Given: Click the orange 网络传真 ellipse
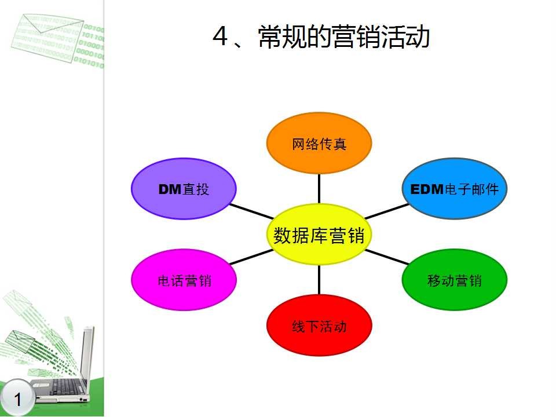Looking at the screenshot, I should pyautogui.click(x=319, y=144).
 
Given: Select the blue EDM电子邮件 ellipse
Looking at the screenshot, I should pyautogui.click(x=454, y=189).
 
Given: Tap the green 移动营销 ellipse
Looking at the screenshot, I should pyautogui.click(x=454, y=280).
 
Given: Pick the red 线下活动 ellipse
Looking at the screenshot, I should pyautogui.click(x=319, y=325).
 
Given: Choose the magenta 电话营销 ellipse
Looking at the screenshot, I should pyautogui.click(x=184, y=280).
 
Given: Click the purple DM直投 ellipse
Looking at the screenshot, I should pyautogui.click(x=184, y=189).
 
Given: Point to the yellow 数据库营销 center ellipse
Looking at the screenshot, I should pyautogui.click(x=319, y=235).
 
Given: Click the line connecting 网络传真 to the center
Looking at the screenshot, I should pyautogui.click(x=319, y=189).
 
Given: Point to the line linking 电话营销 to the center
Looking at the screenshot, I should pyautogui.click(x=251, y=258).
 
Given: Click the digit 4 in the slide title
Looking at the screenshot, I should pyautogui.click(x=220, y=38).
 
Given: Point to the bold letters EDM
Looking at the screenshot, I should pyautogui.click(x=426, y=189).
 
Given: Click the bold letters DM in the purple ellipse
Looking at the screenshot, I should pyautogui.click(x=170, y=189).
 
